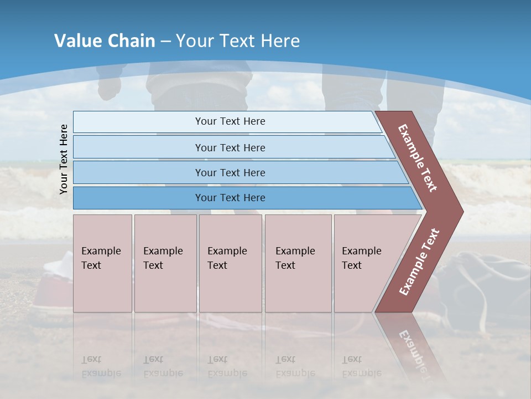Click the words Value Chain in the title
[105, 41]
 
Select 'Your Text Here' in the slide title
[238, 41]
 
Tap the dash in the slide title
[165, 42]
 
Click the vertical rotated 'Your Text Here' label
[64, 159]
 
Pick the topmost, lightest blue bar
[230, 121]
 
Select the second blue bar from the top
[230, 147]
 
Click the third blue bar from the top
[230, 172]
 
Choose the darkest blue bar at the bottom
[230, 198]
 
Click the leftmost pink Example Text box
[102, 263]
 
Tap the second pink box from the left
[165, 263]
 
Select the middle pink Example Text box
[230, 263]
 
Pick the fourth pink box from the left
[298, 263]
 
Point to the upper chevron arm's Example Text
[418, 158]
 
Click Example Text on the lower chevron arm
[419, 262]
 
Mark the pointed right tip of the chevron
[460, 211]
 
